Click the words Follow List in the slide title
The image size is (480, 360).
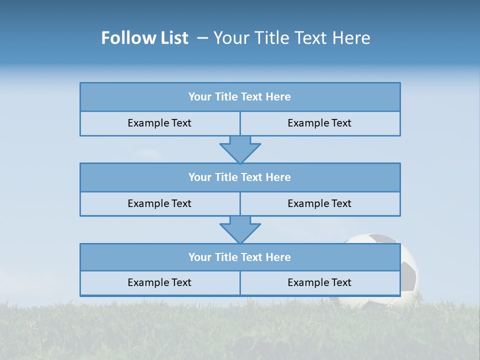click(x=144, y=38)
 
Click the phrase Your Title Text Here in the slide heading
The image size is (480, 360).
click(x=291, y=38)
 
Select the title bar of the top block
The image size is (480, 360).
click(x=240, y=97)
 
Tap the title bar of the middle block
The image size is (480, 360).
click(x=240, y=177)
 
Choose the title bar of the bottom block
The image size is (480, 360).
click(x=240, y=257)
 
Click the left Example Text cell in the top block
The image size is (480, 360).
click(x=159, y=123)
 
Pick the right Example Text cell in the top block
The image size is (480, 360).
click(x=319, y=123)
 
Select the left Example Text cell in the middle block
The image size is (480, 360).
click(x=159, y=203)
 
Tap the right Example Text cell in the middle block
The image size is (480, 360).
click(x=319, y=203)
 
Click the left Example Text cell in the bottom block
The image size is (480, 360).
click(x=159, y=283)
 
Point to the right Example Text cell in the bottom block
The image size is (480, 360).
click(x=319, y=283)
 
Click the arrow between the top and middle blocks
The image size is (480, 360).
click(x=240, y=149)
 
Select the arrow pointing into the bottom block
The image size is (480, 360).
click(x=240, y=229)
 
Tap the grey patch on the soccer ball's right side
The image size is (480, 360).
click(x=410, y=278)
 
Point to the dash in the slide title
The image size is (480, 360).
click(x=202, y=38)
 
